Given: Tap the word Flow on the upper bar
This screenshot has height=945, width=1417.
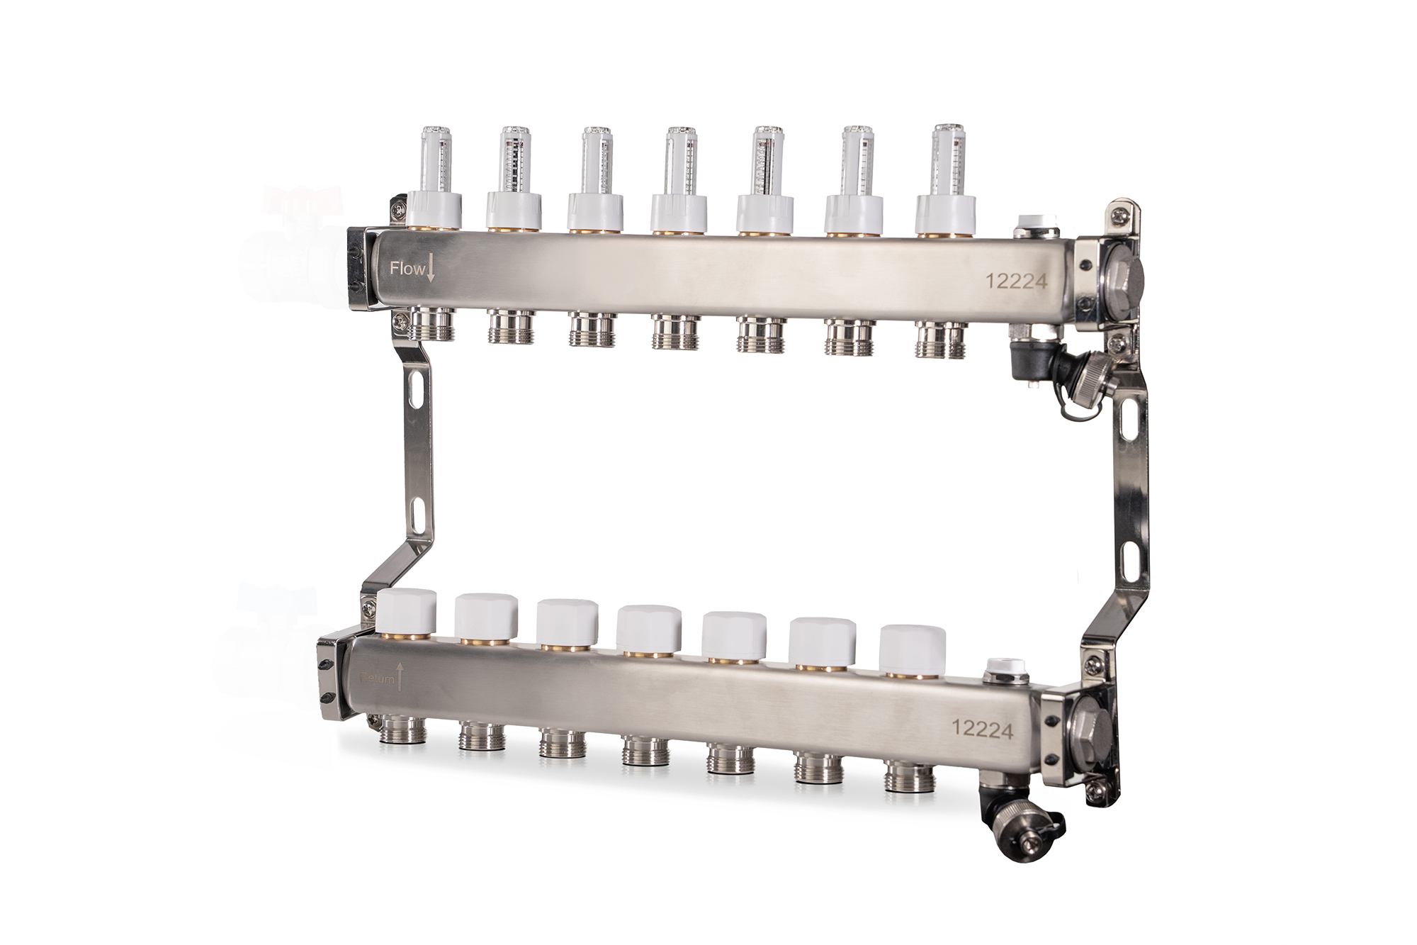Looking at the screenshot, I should (407, 269).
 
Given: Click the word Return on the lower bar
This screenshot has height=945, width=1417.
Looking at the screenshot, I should (377, 678).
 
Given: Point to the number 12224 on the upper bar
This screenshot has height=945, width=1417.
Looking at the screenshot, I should (1016, 281).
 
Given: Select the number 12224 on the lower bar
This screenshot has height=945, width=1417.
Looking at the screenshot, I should (982, 729).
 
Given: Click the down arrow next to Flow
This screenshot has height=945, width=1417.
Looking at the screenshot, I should (430, 269).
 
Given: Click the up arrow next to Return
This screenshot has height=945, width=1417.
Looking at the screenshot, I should (400, 676).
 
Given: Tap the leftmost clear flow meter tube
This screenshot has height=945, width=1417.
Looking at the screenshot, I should (436, 160).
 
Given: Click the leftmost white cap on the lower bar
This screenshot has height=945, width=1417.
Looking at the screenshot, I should (407, 611).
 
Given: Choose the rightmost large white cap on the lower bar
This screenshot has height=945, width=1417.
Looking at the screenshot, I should (913, 649).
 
